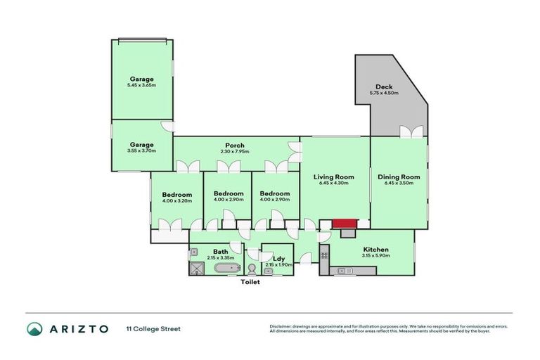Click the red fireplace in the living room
345,224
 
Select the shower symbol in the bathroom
196,268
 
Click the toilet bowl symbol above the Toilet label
251,269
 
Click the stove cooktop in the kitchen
324,255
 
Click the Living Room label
333,176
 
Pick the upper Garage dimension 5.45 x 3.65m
141,86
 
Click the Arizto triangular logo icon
35,328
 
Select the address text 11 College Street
153,328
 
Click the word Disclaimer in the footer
281,326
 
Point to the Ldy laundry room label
277,259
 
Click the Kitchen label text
375,250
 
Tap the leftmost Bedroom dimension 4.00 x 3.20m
176,201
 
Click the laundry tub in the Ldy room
268,271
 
